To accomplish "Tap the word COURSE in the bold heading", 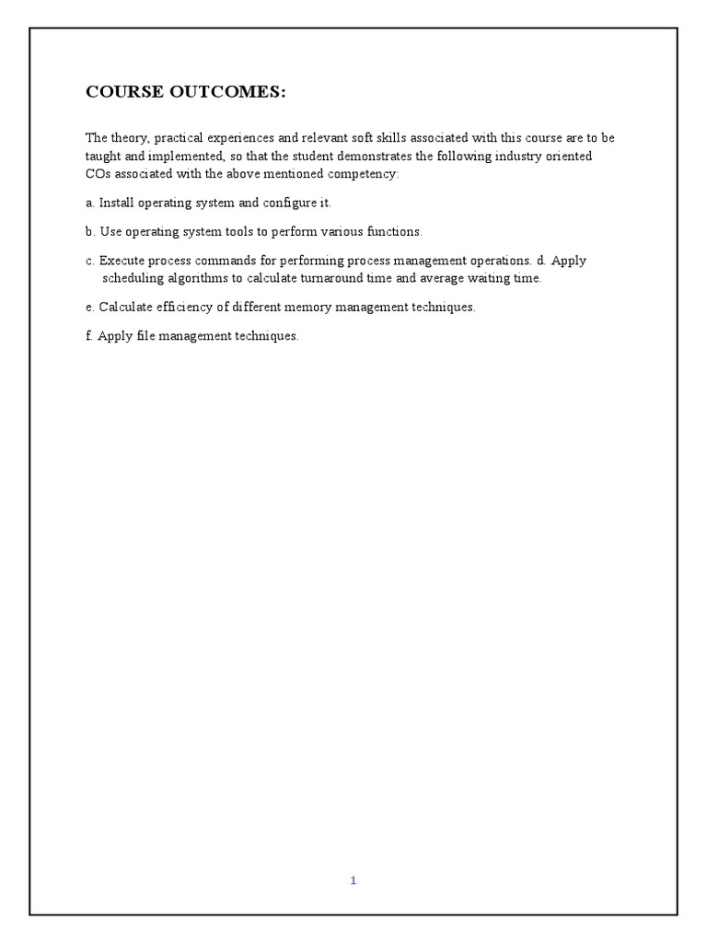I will pos(120,92).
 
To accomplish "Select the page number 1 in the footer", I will pos(353,880).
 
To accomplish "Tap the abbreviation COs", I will pos(99,173).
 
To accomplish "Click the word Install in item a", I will pos(117,203).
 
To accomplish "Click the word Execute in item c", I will pos(121,261).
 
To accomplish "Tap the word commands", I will pos(223,261).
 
